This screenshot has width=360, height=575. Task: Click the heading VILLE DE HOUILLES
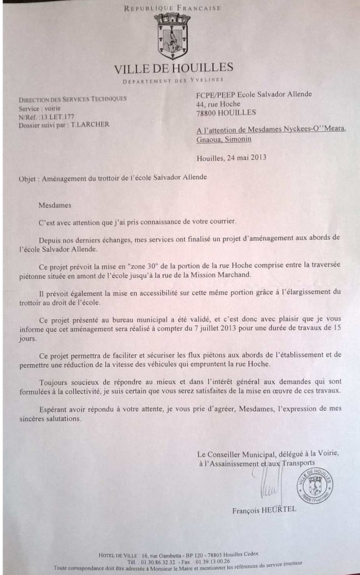(173, 67)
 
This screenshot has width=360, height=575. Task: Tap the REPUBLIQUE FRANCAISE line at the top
(173, 8)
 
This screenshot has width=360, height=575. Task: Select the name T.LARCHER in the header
(90, 124)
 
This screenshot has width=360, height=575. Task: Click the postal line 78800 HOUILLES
(226, 112)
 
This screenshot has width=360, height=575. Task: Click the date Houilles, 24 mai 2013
(231, 157)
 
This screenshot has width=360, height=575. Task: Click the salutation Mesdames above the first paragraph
(55, 205)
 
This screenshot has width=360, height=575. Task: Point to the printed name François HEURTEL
(265, 509)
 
